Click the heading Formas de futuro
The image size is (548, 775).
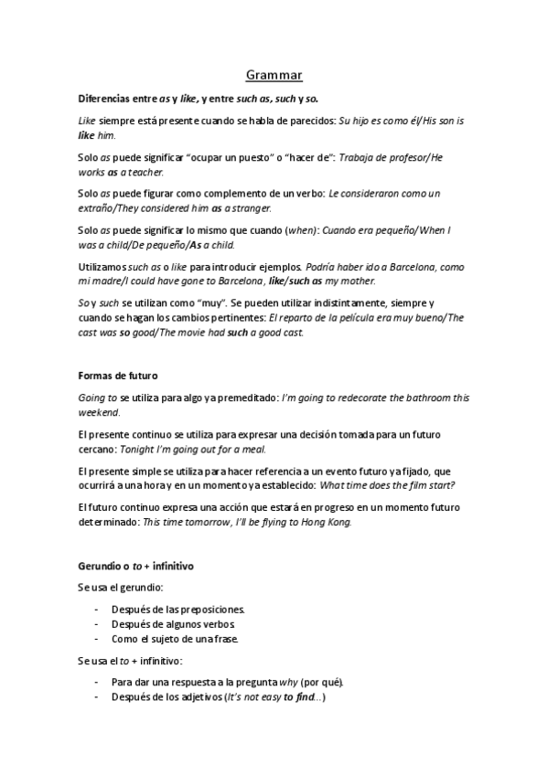(x=116, y=374)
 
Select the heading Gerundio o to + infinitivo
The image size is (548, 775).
(x=135, y=567)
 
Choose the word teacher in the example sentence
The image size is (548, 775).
(x=146, y=172)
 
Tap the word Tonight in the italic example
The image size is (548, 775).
(x=136, y=450)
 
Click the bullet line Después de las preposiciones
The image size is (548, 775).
(x=178, y=609)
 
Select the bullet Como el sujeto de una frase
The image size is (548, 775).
(x=177, y=638)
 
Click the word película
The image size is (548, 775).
(x=357, y=317)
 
